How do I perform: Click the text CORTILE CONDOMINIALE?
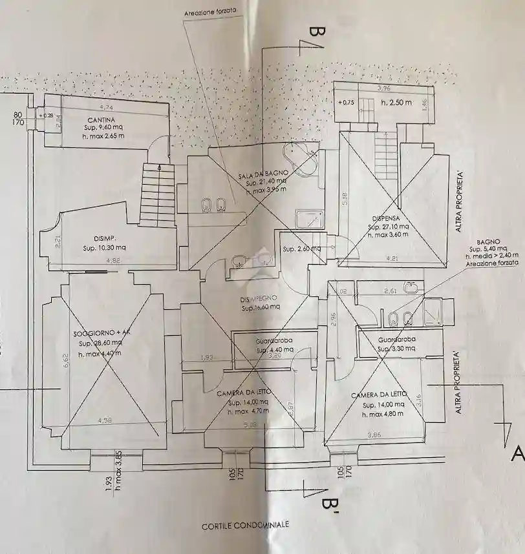click(245, 526)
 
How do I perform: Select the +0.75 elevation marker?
click(347, 102)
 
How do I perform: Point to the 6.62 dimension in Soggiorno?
click(65, 360)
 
